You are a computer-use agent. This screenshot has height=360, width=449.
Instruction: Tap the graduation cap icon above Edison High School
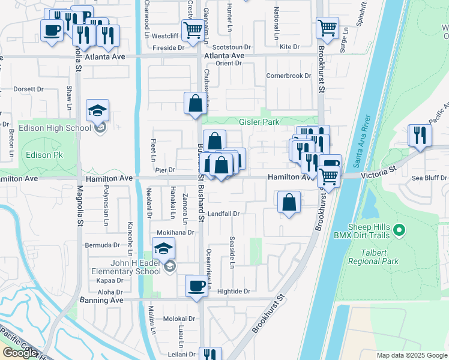[97, 111]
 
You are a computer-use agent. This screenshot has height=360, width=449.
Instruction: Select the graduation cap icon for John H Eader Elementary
[163, 248]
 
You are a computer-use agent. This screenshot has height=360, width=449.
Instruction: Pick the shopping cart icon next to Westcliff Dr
[193, 30]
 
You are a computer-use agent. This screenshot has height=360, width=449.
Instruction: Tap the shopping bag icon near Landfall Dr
[289, 202]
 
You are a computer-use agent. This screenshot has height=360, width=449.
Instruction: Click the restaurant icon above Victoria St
[420, 135]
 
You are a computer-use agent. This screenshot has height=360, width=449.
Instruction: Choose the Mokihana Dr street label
[176, 232]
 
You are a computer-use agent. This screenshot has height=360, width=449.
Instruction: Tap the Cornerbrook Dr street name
[289, 76]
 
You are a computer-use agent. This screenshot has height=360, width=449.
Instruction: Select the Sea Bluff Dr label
[429, 178]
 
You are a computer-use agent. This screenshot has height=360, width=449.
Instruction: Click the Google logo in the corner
[20, 353]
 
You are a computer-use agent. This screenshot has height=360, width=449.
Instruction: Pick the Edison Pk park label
[40, 154]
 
